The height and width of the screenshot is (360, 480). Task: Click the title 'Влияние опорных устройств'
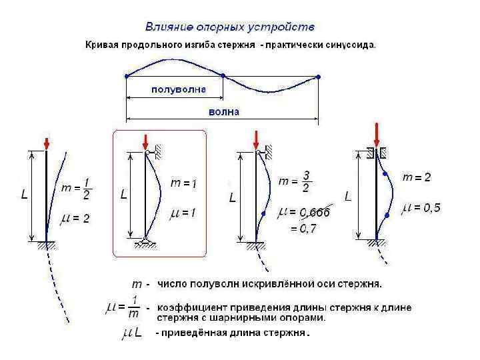click(x=230, y=27)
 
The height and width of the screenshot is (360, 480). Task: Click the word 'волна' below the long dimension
click(x=223, y=111)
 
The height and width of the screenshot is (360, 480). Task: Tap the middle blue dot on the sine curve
click(x=223, y=75)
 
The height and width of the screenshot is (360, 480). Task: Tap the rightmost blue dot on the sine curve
click(x=318, y=76)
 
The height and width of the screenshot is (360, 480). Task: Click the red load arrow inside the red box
click(x=145, y=142)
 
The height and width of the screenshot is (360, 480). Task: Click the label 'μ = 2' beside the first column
click(x=75, y=218)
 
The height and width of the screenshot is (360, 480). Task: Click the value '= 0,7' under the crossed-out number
click(x=303, y=228)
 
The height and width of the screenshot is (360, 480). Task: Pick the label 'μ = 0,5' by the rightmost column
click(x=421, y=208)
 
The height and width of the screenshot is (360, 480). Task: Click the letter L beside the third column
click(x=232, y=198)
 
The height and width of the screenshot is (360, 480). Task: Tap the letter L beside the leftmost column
click(x=24, y=195)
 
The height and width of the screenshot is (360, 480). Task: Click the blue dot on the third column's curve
click(x=264, y=213)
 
